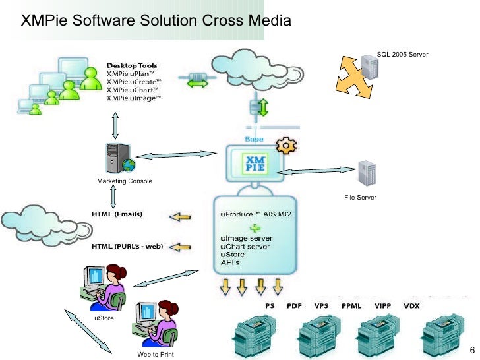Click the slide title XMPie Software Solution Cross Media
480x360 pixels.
pyautogui.click(x=156, y=20)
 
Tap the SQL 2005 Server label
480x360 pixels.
pyautogui.click(x=402, y=55)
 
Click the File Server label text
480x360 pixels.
pyautogui.click(x=360, y=198)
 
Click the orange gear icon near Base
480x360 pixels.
pyautogui.click(x=285, y=145)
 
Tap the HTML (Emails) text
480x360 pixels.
pyautogui.click(x=116, y=214)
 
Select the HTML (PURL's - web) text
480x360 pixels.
pyautogui.click(x=127, y=247)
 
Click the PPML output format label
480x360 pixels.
pyautogui.click(x=352, y=306)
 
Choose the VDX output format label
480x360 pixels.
pyautogui.click(x=411, y=306)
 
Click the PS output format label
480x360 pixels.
pyautogui.click(x=270, y=306)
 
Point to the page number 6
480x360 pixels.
pyautogui.click(x=471, y=349)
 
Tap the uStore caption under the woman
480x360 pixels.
pyautogui.click(x=104, y=318)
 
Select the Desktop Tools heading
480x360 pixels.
pyautogui.click(x=132, y=65)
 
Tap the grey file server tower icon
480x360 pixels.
pyautogui.click(x=367, y=174)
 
